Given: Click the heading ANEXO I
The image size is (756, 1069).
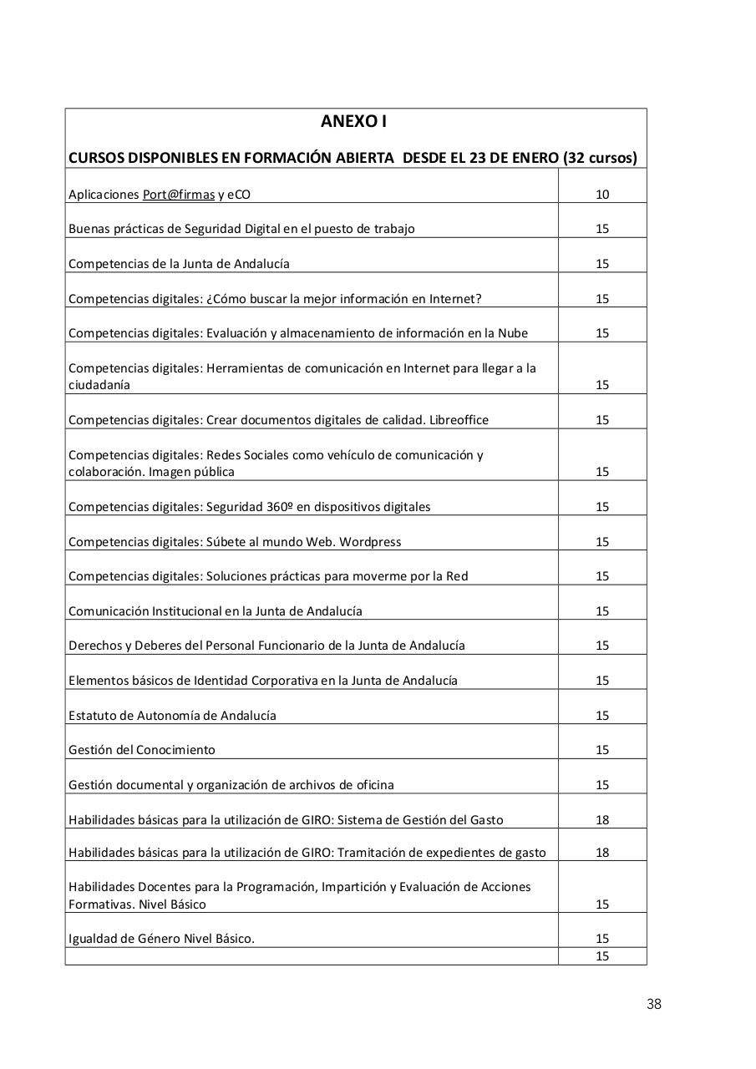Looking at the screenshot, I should [353, 122].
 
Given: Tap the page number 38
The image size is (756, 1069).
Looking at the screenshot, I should [653, 1004].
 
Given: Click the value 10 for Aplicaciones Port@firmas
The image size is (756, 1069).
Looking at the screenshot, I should [602, 195].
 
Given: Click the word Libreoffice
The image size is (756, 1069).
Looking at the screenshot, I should [459, 420].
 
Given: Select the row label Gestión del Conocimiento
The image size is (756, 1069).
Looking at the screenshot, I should [142, 750].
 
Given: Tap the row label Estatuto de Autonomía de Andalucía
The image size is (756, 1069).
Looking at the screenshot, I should [172, 716].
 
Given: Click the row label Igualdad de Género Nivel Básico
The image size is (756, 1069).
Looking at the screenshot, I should [161, 939].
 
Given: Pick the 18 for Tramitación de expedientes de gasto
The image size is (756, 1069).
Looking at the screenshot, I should [602, 853].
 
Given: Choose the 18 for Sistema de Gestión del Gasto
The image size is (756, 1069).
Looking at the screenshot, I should [602, 820].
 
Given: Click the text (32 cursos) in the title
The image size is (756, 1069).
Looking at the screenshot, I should [600, 158].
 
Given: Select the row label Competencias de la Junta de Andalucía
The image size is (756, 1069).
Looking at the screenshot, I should [179, 264].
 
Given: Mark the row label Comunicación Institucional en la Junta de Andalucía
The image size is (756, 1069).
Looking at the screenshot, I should [216, 611].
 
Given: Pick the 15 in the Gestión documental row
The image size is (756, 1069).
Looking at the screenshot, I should [602, 785].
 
